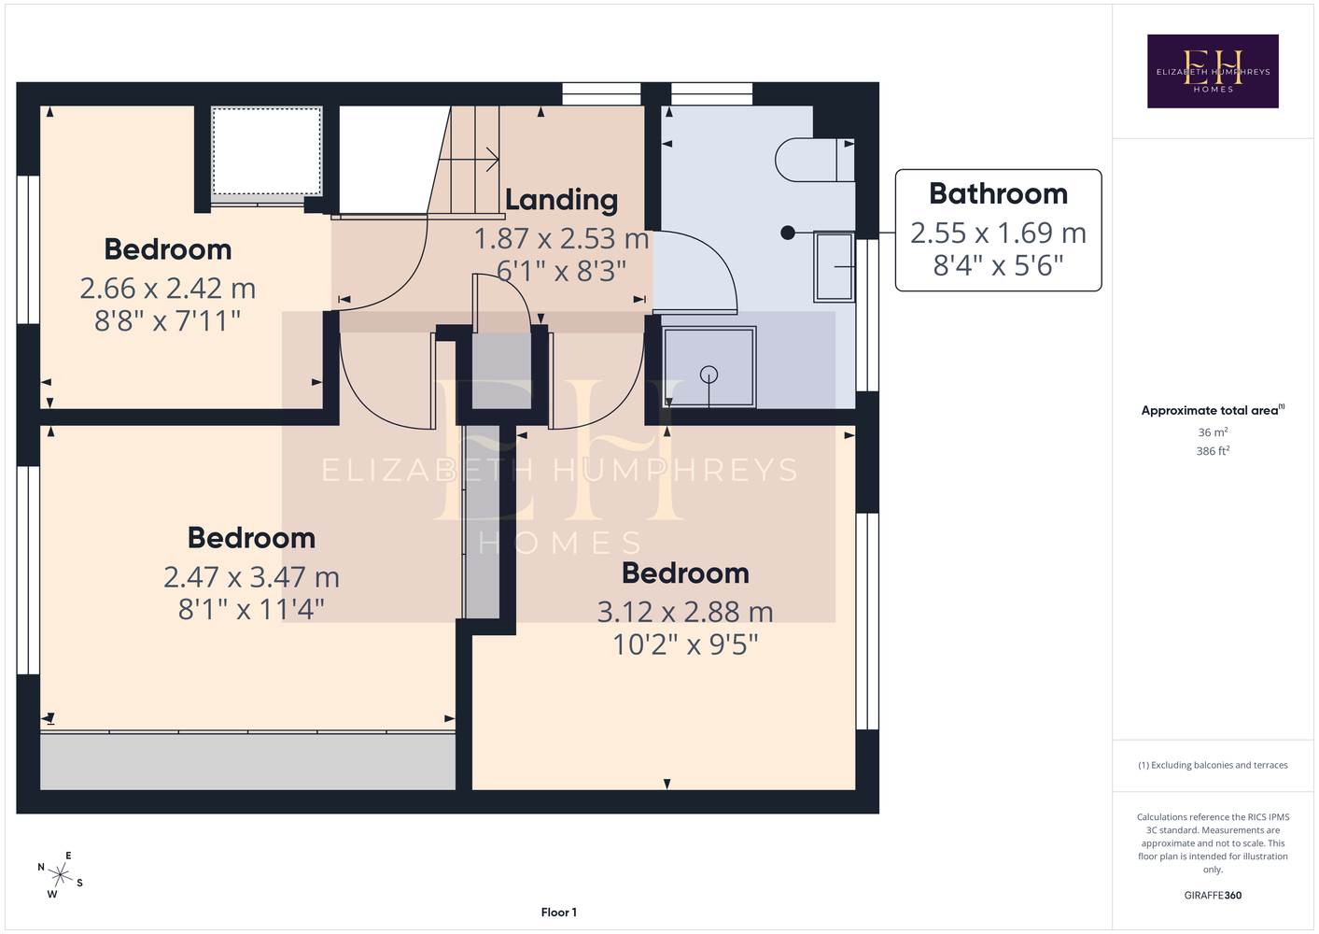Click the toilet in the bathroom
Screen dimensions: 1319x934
(815, 160)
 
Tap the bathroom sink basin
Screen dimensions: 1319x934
(835, 267)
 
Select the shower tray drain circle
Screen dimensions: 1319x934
(709, 375)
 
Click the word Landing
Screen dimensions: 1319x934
(562, 201)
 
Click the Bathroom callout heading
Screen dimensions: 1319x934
(998, 194)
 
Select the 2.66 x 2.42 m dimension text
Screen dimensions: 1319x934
(168, 289)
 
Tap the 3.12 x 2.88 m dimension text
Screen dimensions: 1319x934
(685, 612)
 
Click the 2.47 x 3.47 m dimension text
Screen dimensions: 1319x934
(251, 577)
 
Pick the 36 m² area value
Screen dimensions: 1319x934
(1213, 432)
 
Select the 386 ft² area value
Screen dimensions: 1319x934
(1213, 451)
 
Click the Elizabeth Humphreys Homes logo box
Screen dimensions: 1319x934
(1213, 71)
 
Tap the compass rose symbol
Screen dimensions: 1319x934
(60, 875)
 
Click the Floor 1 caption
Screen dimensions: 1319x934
(559, 913)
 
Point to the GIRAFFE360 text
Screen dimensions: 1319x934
(1213, 895)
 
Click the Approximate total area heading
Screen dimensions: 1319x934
(1213, 410)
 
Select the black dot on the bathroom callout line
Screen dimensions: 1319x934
(787, 233)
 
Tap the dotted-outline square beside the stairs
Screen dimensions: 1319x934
(267, 151)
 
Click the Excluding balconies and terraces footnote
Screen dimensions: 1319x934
(1213, 765)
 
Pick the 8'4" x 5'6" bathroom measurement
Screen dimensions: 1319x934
(998, 266)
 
